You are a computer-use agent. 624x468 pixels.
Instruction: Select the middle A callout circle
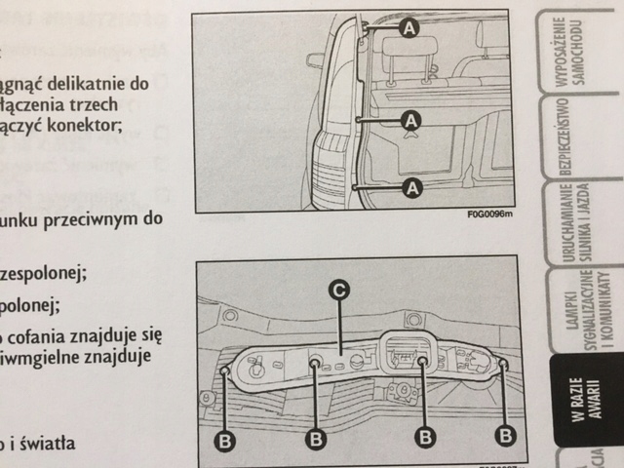tap(410, 120)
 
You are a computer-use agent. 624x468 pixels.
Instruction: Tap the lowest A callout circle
tap(410, 185)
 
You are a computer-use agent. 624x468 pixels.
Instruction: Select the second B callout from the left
tap(315, 439)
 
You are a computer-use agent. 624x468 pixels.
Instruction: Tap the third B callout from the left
tap(424, 435)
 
